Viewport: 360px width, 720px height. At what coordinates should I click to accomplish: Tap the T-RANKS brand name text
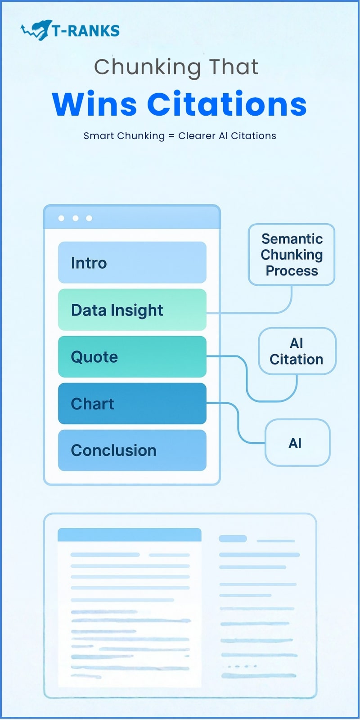(x=85, y=31)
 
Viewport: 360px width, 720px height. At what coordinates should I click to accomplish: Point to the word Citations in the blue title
(x=227, y=104)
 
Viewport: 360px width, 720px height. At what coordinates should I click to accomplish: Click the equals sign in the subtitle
(x=171, y=136)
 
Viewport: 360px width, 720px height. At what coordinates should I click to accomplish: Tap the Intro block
(x=132, y=262)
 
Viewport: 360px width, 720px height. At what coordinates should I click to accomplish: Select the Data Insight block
(x=132, y=310)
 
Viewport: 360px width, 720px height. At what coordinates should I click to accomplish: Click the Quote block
(x=132, y=356)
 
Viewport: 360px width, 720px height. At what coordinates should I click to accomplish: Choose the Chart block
(x=132, y=403)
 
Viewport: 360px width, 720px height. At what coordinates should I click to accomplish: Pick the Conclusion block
(x=132, y=450)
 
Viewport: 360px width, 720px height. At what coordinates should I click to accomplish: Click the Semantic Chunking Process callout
(x=292, y=255)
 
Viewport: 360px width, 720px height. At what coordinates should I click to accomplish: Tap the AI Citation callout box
(x=297, y=351)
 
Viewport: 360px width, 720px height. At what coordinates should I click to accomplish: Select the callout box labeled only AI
(x=297, y=443)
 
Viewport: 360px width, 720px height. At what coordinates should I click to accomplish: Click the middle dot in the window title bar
(x=75, y=218)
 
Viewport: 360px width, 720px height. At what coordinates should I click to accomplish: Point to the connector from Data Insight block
(x=252, y=313)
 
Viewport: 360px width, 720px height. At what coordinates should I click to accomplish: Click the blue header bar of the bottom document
(x=129, y=535)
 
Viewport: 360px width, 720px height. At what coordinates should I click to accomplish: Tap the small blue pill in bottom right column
(x=233, y=539)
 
